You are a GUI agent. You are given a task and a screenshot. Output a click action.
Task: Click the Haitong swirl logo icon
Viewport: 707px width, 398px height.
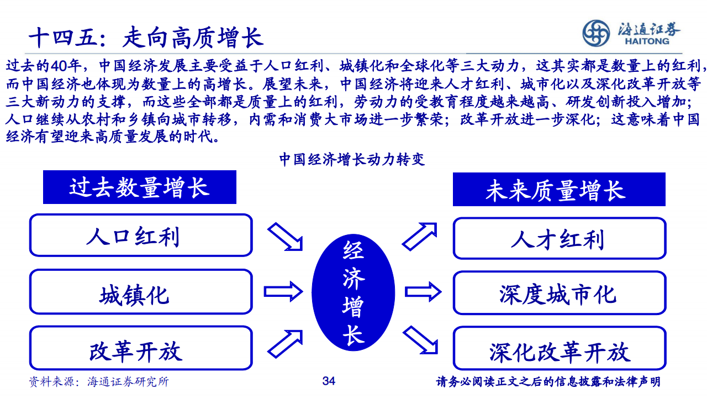point(596,33)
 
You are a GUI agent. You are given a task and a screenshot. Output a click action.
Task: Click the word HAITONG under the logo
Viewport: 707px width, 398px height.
point(647,41)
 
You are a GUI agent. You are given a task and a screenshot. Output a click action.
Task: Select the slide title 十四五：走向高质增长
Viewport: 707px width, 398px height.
point(146,37)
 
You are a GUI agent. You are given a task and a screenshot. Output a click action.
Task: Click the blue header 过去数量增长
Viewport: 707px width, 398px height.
point(140,187)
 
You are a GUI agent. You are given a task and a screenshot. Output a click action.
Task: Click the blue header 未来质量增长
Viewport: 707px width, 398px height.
point(559,189)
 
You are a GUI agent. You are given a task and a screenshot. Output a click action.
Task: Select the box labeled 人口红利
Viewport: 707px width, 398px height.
point(141,235)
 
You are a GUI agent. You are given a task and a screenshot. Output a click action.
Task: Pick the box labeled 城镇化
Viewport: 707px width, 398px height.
point(141,291)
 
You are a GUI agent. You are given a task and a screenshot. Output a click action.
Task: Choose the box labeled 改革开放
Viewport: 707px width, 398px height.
point(141,348)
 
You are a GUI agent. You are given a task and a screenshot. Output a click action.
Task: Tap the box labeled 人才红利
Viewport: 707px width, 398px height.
point(560,238)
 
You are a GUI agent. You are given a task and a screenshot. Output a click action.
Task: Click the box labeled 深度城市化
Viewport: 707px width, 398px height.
point(560,293)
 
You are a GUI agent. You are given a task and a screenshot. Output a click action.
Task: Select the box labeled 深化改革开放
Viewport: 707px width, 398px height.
point(560,348)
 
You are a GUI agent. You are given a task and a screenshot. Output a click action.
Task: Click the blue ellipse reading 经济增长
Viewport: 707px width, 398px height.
point(353,292)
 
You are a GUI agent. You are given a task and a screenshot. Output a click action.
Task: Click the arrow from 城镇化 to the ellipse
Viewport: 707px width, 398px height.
point(283,291)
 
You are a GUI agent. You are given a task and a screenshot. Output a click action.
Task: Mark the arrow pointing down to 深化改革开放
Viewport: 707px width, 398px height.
point(420,340)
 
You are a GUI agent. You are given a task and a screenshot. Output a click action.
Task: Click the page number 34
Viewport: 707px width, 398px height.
point(329,381)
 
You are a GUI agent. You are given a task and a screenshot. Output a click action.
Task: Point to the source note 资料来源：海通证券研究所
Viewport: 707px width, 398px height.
point(99,381)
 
